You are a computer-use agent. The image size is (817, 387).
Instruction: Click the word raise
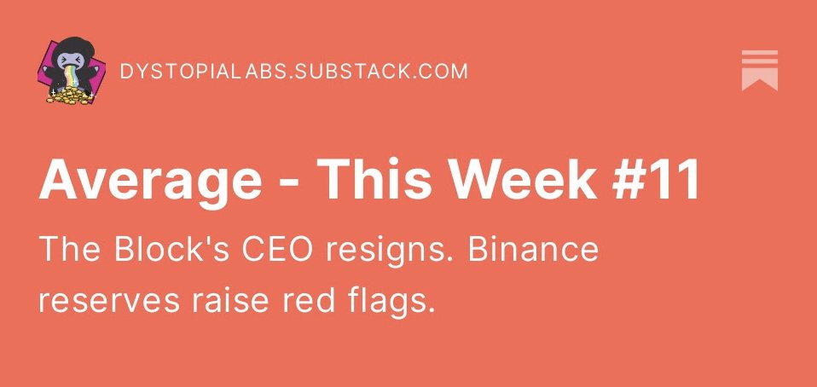click(x=224, y=301)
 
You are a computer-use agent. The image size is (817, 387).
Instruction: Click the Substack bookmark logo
click(x=759, y=70)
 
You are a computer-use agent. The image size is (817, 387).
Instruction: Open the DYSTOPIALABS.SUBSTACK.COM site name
click(x=294, y=71)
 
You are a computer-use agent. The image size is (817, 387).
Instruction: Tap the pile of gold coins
click(x=67, y=96)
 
